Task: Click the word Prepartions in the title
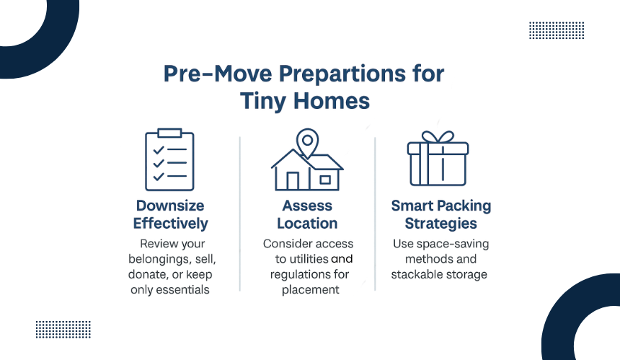[x=342, y=74]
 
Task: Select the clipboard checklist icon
[x=169, y=159]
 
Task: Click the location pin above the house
[x=307, y=142]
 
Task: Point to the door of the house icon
[x=293, y=181]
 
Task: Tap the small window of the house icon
[x=325, y=180]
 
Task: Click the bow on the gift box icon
[x=438, y=137]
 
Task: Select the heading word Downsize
[x=170, y=206]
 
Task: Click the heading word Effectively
[x=170, y=224]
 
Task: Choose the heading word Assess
[x=307, y=206]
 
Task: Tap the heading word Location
[x=307, y=224]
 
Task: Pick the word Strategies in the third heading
[x=441, y=224]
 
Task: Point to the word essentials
[x=182, y=290]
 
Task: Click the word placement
[x=311, y=290]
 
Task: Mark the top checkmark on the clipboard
[x=159, y=150]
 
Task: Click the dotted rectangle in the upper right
[x=557, y=30]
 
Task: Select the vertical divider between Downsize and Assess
[x=240, y=214]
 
